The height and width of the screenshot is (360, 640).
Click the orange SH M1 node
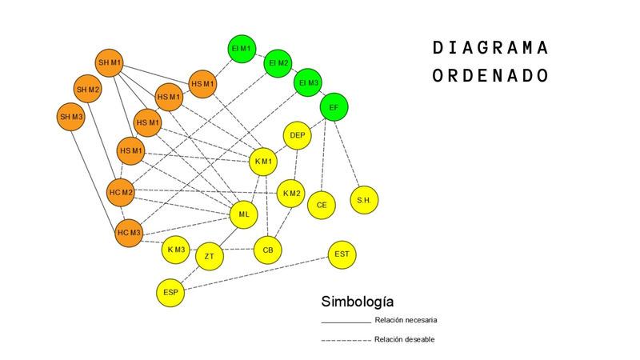tap(110, 62)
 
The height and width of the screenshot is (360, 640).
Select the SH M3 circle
tap(71, 117)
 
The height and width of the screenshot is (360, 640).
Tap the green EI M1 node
tap(242, 48)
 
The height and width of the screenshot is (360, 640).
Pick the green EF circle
tap(334, 107)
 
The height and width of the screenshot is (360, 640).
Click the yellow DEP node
tap(298, 135)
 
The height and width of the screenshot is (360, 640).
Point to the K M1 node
tap(264, 162)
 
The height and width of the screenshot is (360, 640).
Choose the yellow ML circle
tap(244, 214)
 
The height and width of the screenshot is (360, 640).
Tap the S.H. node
tap(364, 200)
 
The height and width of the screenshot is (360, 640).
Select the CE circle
tap(322, 205)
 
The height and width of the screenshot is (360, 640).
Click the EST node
tap(342, 254)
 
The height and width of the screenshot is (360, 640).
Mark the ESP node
tap(170, 292)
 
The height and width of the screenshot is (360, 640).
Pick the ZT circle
tap(209, 257)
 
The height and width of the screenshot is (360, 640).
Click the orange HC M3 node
tap(129, 233)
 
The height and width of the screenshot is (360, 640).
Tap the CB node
tap(268, 250)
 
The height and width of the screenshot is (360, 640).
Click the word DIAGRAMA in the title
tap(490, 48)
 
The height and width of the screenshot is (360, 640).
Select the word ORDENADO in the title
tap(490, 75)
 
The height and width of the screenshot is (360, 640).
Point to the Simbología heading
tap(358, 302)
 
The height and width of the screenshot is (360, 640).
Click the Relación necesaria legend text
tap(406, 320)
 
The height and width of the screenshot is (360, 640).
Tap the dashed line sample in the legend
tap(346, 340)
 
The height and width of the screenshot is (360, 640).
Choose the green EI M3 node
tap(309, 83)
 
